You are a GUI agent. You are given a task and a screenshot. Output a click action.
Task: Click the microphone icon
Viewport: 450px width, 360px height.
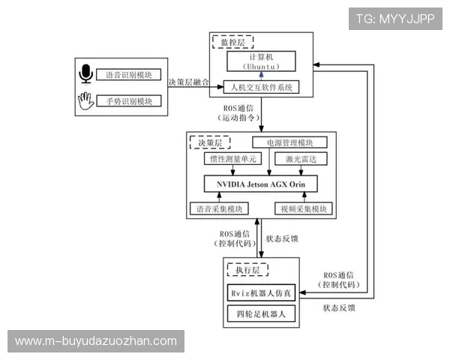[85, 74]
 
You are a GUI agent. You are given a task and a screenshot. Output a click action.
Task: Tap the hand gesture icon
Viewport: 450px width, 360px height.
[85, 100]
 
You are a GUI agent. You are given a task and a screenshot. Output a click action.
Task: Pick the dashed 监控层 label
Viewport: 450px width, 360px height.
[232, 43]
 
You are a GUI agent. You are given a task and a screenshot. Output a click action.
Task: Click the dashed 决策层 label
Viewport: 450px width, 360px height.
[210, 142]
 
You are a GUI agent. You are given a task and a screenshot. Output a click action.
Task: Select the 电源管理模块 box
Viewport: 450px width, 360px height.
[289, 142]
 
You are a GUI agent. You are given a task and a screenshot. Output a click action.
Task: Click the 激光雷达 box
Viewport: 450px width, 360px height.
[300, 160]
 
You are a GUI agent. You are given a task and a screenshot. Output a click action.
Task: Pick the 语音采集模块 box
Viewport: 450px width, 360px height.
[225, 208]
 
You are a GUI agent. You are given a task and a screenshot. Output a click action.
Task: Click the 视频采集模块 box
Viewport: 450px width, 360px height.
[302, 208]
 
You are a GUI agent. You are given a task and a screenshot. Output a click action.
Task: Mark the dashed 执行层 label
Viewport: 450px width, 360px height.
[248, 268]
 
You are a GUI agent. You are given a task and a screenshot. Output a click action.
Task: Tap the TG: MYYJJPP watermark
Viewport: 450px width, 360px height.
[394, 18]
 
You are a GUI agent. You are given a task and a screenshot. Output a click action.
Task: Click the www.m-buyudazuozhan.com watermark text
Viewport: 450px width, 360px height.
[96, 341]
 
